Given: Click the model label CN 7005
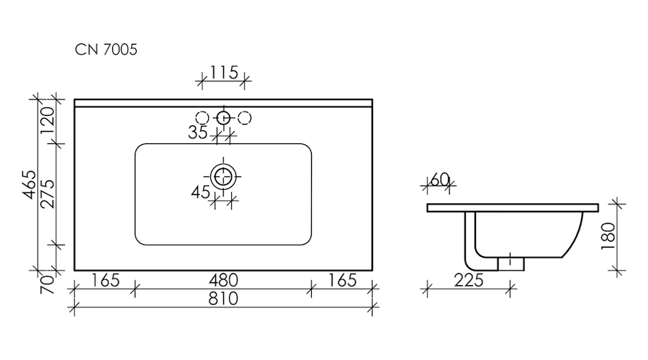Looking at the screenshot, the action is (x=106, y=50).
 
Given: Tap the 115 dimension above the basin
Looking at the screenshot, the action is (x=224, y=72).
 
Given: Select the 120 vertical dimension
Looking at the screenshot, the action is (x=48, y=120).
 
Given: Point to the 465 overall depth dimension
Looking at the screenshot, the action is (x=30, y=184).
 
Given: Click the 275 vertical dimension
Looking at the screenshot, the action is (x=48, y=194).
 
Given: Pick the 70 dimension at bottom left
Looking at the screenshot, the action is (x=48, y=284).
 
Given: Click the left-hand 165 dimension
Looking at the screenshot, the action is (x=105, y=280).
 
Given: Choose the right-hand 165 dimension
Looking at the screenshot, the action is (x=342, y=280).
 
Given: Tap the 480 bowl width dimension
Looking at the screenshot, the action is (x=223, y=280).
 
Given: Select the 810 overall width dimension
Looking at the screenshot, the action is (x=223, y=298).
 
